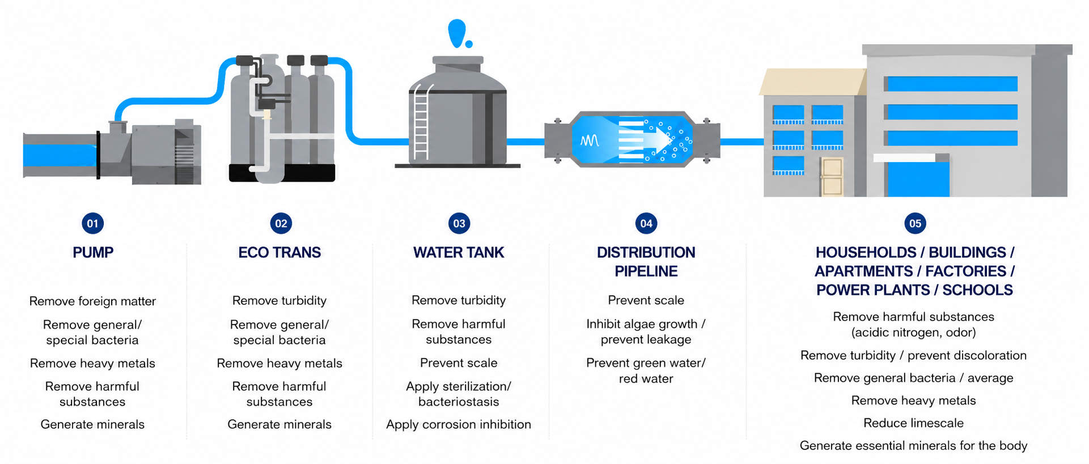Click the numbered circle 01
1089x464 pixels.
click(92, 223)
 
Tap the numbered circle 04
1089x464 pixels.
click(646, 223)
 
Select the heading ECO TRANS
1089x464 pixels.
click(279, 253)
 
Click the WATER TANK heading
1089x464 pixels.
click(459, 253)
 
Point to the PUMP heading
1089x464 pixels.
click(93, 253)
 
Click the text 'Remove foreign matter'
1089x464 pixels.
click(92, 301)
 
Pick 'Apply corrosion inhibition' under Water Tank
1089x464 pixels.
click(459, 424)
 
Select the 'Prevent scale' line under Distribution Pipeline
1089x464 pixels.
click(646, 300)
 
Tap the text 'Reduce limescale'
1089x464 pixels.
click(913, 423)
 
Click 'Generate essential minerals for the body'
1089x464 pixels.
click(913, 446)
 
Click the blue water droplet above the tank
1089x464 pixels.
click(458, 33)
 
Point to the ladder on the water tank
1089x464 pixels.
click(421, 122)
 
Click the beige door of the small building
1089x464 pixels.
click(832, 177)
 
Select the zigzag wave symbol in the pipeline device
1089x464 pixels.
click(590, 141)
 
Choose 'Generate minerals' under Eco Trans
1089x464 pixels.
click(279, 424)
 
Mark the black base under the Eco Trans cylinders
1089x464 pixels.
click(282, 173)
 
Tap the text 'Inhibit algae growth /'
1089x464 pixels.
click(646, 324)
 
